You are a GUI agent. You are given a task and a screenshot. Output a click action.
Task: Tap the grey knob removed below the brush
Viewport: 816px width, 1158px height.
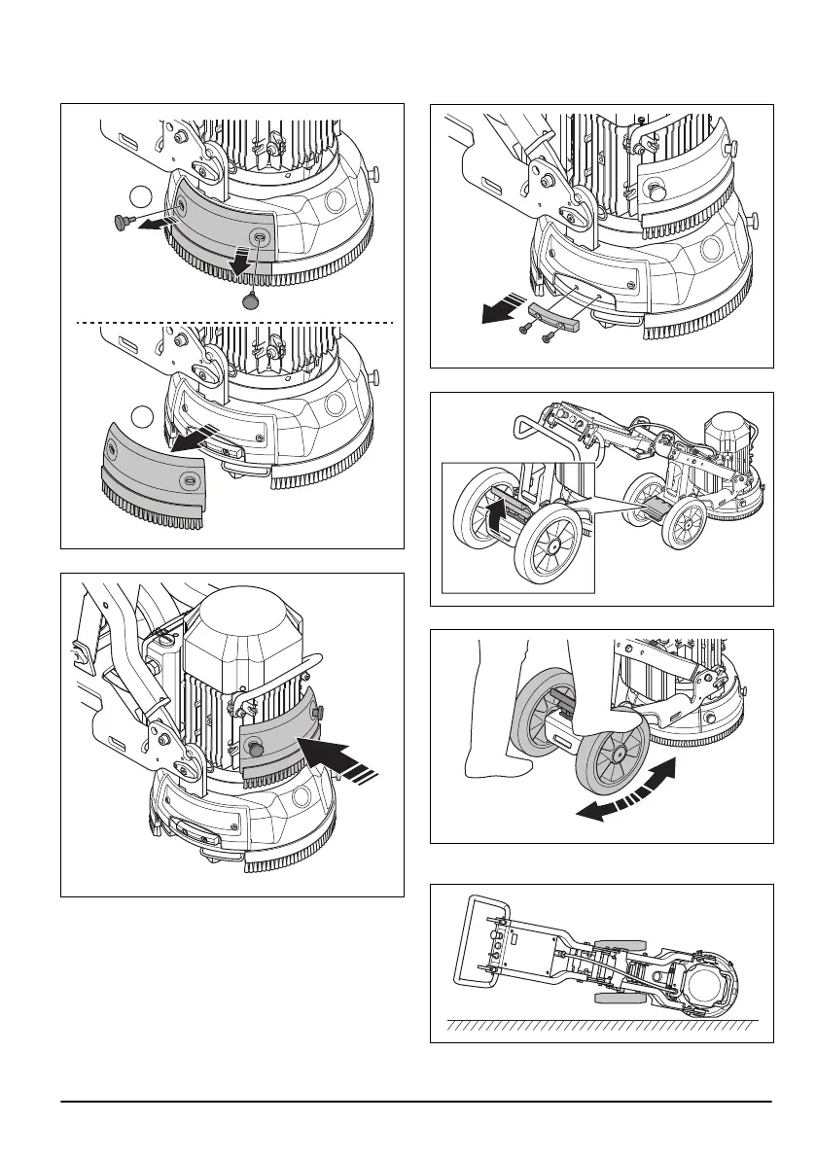pos(252,302)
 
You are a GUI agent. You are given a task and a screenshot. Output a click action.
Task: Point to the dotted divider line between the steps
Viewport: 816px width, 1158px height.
pos(233,321)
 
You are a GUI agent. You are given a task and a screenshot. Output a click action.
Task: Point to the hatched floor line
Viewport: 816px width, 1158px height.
pos(602,1024)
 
